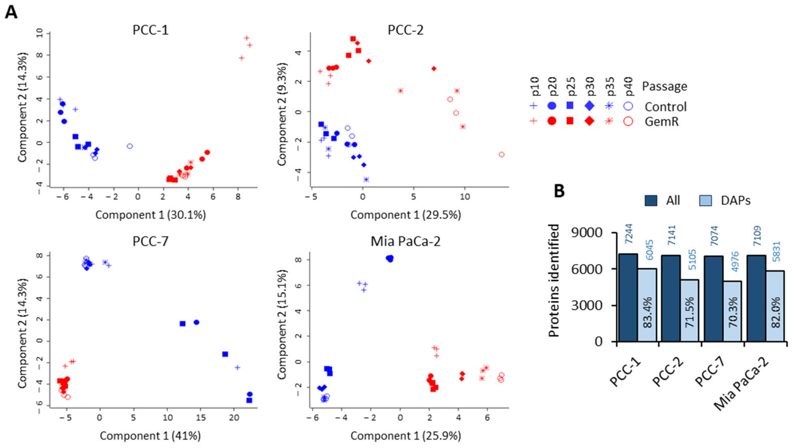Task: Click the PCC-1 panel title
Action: tap(150, 30)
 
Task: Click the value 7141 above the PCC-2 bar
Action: tap(671, 235)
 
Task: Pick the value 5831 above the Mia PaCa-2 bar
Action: tap(776, 251)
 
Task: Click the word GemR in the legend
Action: tap(661, 122)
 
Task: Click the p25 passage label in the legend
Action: tap(571, 87)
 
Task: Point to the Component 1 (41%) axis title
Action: tap(150, 436)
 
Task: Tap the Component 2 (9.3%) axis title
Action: tap(282, 114)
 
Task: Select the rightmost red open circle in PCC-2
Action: tap(501, 154)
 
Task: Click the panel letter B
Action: tap(559, 191)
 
